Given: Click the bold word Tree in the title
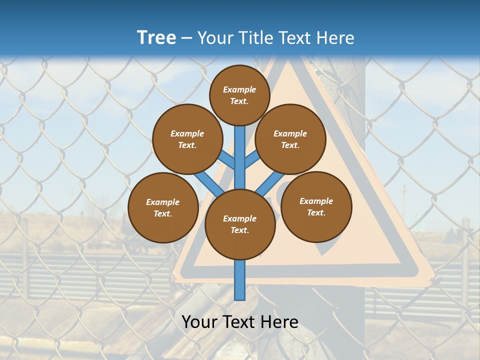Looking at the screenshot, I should point(156,37).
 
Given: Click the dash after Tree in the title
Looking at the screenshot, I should point(186,38).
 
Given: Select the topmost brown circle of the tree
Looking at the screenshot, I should point(239,95).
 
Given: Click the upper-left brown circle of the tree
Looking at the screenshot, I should point(187,139).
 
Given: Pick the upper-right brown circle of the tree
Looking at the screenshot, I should point(290,139).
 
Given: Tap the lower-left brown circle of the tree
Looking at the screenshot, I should point(163,208).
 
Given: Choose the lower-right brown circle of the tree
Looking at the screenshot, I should point(316,207).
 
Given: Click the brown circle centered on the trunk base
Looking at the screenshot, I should point(240,224).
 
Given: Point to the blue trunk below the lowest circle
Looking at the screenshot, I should point(240,280).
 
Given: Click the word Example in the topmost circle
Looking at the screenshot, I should point(239,89).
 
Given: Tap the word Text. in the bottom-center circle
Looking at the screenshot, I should point(239,230).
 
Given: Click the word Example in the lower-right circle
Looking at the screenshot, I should point(316,201).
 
